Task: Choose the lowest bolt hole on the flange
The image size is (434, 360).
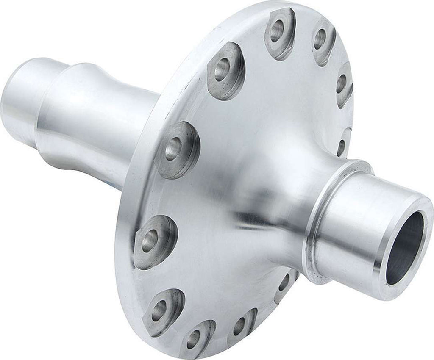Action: (x=193, y=339)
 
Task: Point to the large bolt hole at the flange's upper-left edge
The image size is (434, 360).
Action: (x=222, y=69)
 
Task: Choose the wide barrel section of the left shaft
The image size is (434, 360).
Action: (x=102, y=123)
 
